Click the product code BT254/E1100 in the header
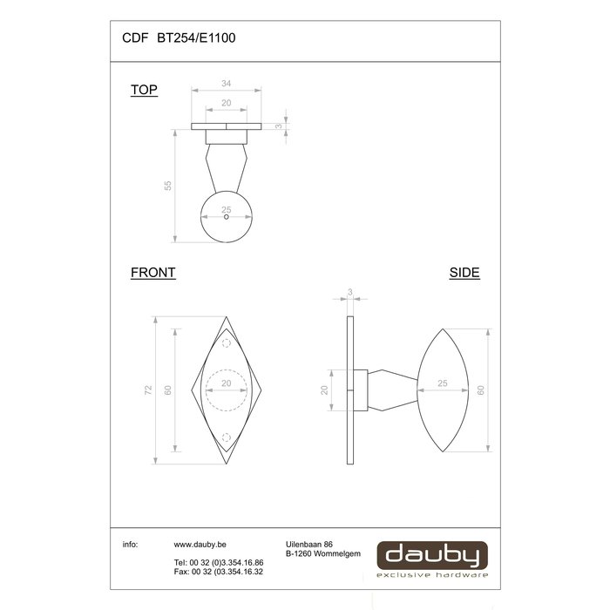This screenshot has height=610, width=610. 196,37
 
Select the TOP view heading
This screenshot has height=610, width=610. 144,90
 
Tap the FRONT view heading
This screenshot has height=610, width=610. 153,272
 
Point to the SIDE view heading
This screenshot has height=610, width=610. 464,272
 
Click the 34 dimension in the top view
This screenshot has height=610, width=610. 227,84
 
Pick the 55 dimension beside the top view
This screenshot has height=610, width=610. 168,185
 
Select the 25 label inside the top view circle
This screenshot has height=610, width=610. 227,209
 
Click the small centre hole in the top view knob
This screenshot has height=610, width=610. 227,218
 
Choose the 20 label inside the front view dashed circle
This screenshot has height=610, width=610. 227,383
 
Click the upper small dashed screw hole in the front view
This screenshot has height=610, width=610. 227,346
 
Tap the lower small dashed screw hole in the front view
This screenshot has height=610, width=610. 227,437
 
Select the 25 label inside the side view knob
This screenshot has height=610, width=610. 442,383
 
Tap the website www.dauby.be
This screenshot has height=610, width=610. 201,544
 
